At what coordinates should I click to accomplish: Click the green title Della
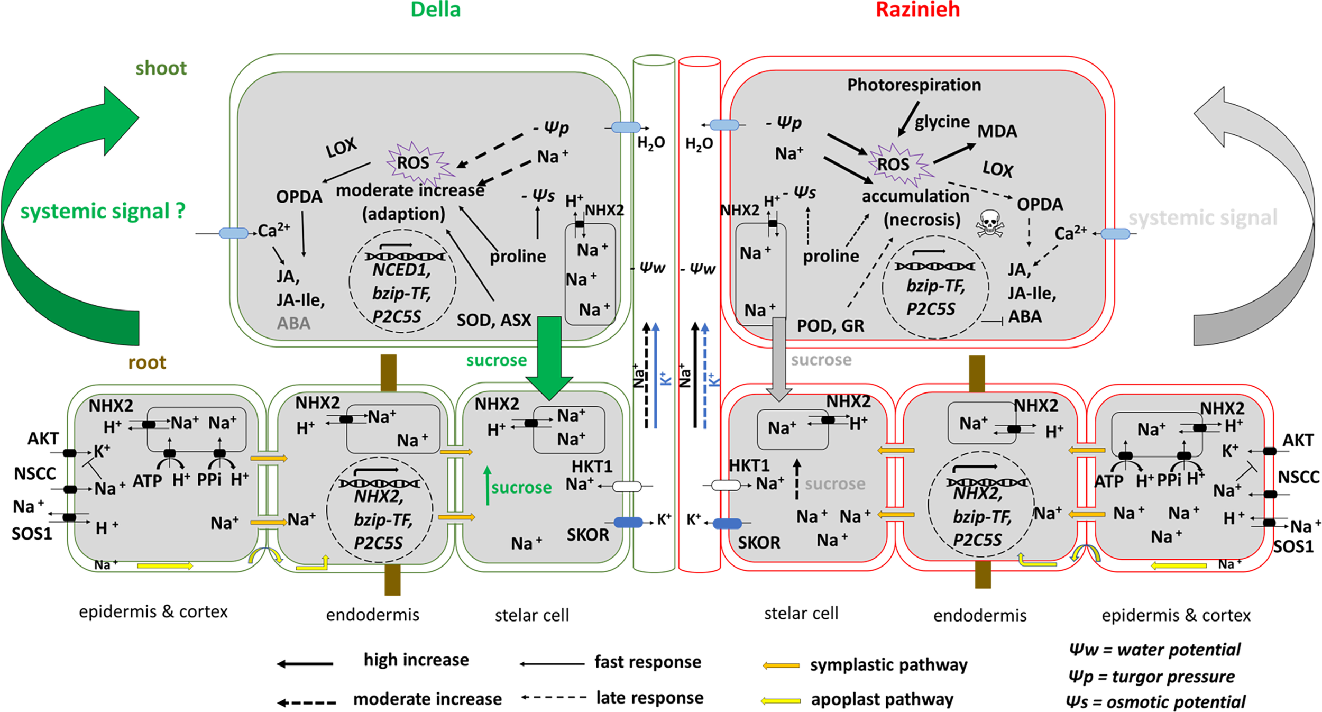435,10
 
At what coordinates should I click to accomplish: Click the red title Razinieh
917,10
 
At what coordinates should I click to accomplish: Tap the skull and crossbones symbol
989,223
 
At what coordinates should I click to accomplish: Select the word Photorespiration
914,85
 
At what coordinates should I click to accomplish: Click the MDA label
997,131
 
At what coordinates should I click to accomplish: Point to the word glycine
942,122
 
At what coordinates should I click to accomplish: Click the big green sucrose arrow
549,358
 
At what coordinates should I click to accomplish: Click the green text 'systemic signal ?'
103,211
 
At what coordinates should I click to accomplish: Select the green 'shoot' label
161,68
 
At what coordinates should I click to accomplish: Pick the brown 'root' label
147,362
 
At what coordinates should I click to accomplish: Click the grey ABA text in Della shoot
293,323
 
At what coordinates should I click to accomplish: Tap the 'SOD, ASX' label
494,320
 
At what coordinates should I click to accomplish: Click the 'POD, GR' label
830,326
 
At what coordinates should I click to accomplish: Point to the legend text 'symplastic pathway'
889,665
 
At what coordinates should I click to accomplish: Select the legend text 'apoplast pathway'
883,699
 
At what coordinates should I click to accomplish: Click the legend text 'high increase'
416,660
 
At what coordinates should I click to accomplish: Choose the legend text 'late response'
650,698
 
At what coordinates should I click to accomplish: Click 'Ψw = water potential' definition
1155,650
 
